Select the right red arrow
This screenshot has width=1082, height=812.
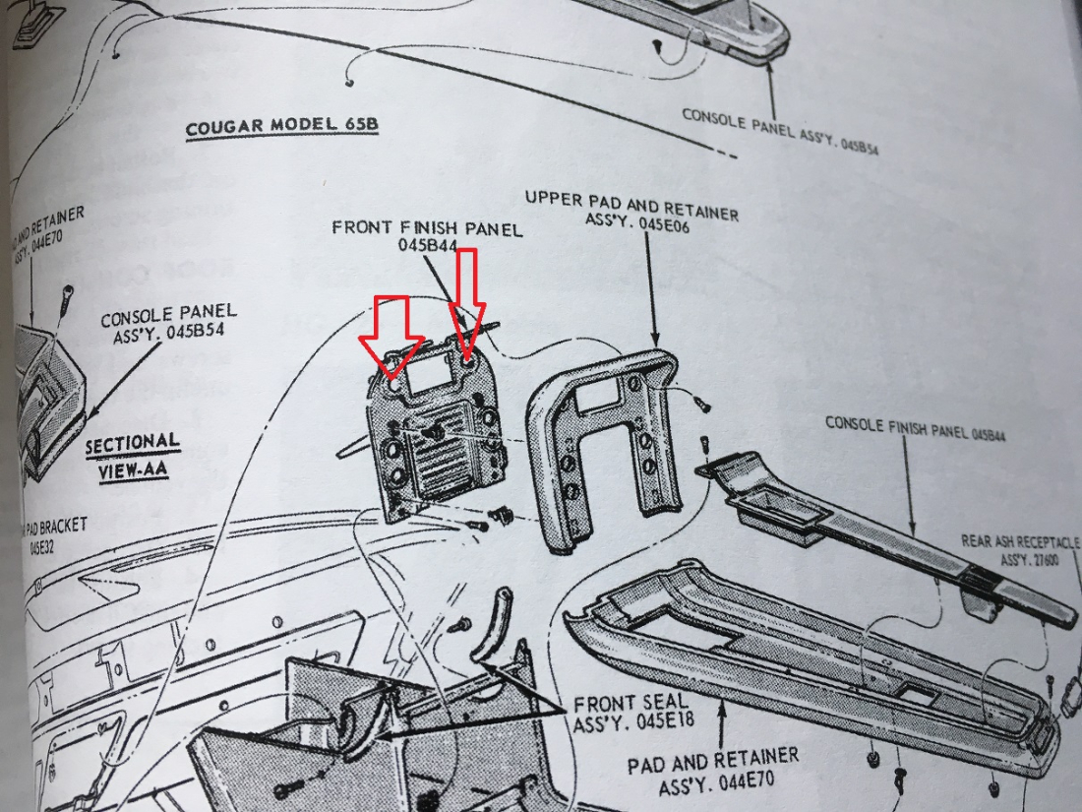[x=466, y=300]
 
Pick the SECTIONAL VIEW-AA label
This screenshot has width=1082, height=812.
[x=133, y=457]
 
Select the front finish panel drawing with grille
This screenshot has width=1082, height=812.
[x=433, y=433]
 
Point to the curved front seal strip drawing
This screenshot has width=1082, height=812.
[x=489, y=640]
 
